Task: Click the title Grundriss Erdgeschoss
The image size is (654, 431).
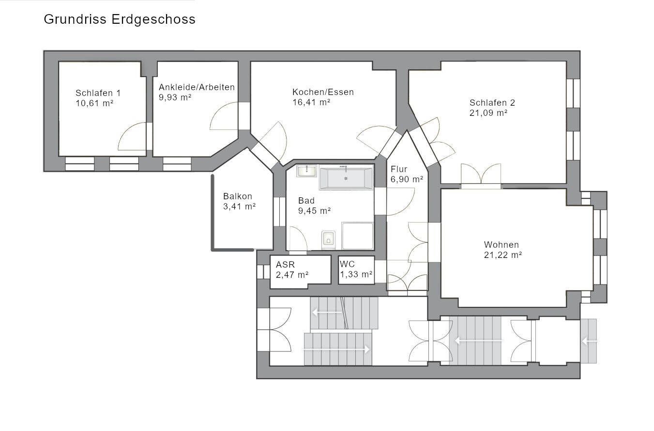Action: click(120, 20)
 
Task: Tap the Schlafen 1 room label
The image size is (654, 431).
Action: click(98, 93)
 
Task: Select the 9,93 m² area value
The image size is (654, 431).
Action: click(175, 97)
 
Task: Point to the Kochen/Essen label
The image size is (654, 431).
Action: click(323, 92)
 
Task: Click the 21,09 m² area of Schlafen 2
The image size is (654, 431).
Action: click(488, 113)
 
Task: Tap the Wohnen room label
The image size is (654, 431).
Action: click(502, 245)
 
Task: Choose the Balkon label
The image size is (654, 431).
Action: click(237, 196)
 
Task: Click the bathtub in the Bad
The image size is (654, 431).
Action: click(346, 177)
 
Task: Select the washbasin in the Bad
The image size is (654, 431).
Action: click(306, 171)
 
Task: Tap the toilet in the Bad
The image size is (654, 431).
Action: click(329, 240)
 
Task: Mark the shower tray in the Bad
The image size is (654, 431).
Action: click(357, 236)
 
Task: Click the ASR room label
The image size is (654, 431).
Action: click(285, 265)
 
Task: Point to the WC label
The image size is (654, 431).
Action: click(347, 264)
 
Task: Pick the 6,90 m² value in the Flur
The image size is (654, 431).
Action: click(407, 179)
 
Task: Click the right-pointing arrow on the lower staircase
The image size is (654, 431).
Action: click(336, 349)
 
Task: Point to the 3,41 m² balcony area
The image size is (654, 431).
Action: click(240, 207)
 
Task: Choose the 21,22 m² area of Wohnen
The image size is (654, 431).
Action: click(503, 255)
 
